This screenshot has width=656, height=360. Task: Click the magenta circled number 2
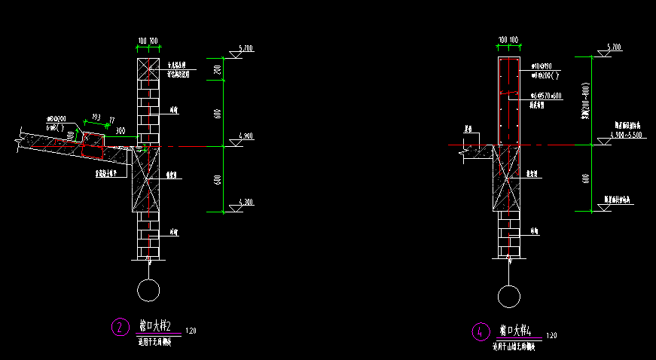[x=120, y=328]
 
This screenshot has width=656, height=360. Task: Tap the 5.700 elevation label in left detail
[x=246, y=48]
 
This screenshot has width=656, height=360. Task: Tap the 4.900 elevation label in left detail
[x=246, y=136]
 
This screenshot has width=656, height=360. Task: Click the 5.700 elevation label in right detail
[x=613, y=47]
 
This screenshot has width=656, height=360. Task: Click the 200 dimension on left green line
[x=218, y=70]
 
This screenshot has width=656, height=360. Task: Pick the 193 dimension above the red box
[x=96, y=116]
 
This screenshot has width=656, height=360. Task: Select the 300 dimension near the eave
[x=119, y=130]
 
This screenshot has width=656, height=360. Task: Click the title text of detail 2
[x=156, y=326]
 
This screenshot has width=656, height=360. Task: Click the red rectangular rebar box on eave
[x=93, y=146]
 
